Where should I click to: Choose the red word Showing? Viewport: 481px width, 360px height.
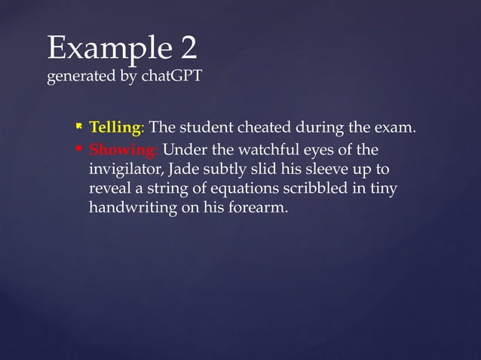coord(118,148)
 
